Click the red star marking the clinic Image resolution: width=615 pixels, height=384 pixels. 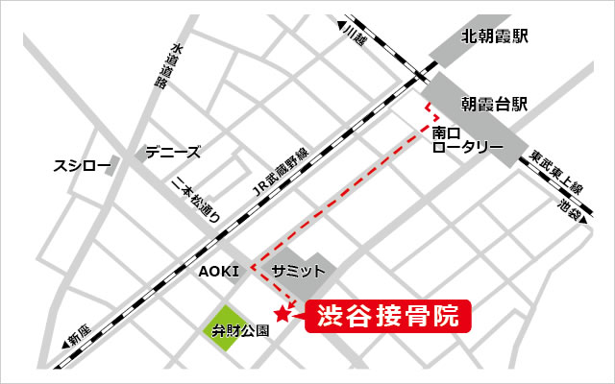pyautogui.click(x=282, y=313)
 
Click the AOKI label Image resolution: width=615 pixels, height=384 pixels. pyautogui.click(x=218, y=272)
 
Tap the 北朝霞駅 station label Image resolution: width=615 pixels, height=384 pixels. pyautogui.click(x=497, y=37)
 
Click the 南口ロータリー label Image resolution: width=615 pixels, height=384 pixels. pyautogui.click(x=466, y=139)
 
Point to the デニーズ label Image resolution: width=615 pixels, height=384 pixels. pyautogui.click(x=173, y=152)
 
